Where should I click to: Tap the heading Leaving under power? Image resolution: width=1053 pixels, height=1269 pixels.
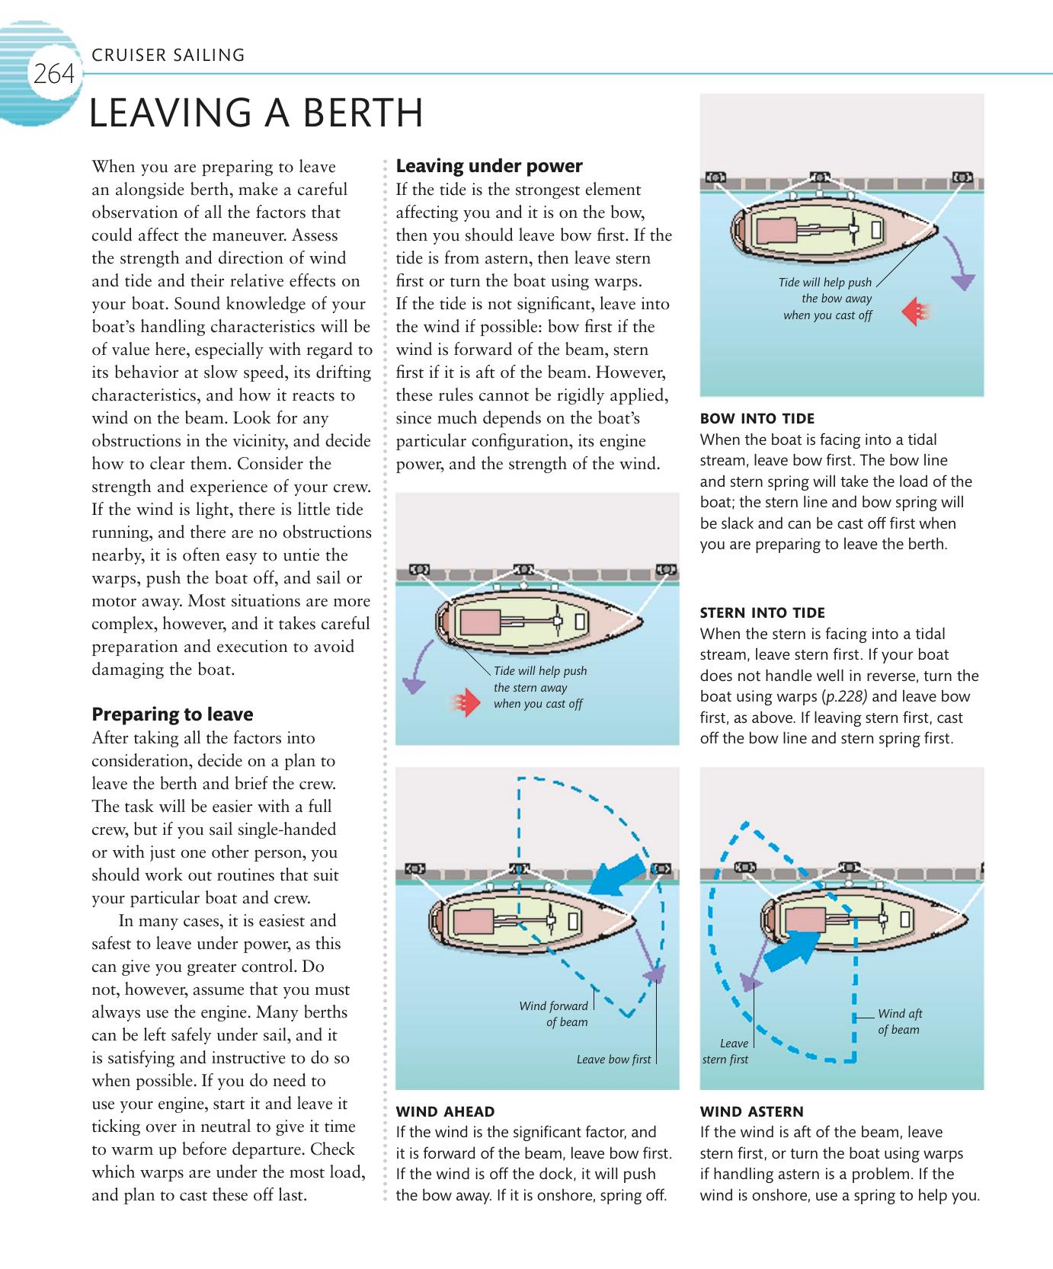coord(489,166)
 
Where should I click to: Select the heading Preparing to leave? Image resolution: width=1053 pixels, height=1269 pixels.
coord(172,714)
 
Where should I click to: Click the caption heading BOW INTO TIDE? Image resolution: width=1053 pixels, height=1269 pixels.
coord(757,418)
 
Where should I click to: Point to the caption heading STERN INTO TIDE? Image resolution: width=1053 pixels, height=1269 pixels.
coord(762,612)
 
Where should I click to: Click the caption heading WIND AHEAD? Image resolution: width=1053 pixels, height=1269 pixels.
coord(445,1111)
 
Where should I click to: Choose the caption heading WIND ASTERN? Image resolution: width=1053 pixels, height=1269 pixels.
coord(751,1111)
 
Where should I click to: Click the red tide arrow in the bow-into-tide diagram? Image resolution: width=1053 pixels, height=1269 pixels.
coord(916,311)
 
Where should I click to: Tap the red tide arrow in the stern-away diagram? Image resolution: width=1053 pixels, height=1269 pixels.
coord(460,703)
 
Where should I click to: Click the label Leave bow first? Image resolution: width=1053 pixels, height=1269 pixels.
coord(613,1060)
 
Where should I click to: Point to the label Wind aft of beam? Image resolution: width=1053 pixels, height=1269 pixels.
coord(899,1021)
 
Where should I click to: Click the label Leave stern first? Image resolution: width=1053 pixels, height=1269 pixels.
coord(727,1051)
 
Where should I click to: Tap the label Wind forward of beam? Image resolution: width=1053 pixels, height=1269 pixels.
coord(555,1014)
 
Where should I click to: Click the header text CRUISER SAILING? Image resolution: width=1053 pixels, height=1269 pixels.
coord(168,56)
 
